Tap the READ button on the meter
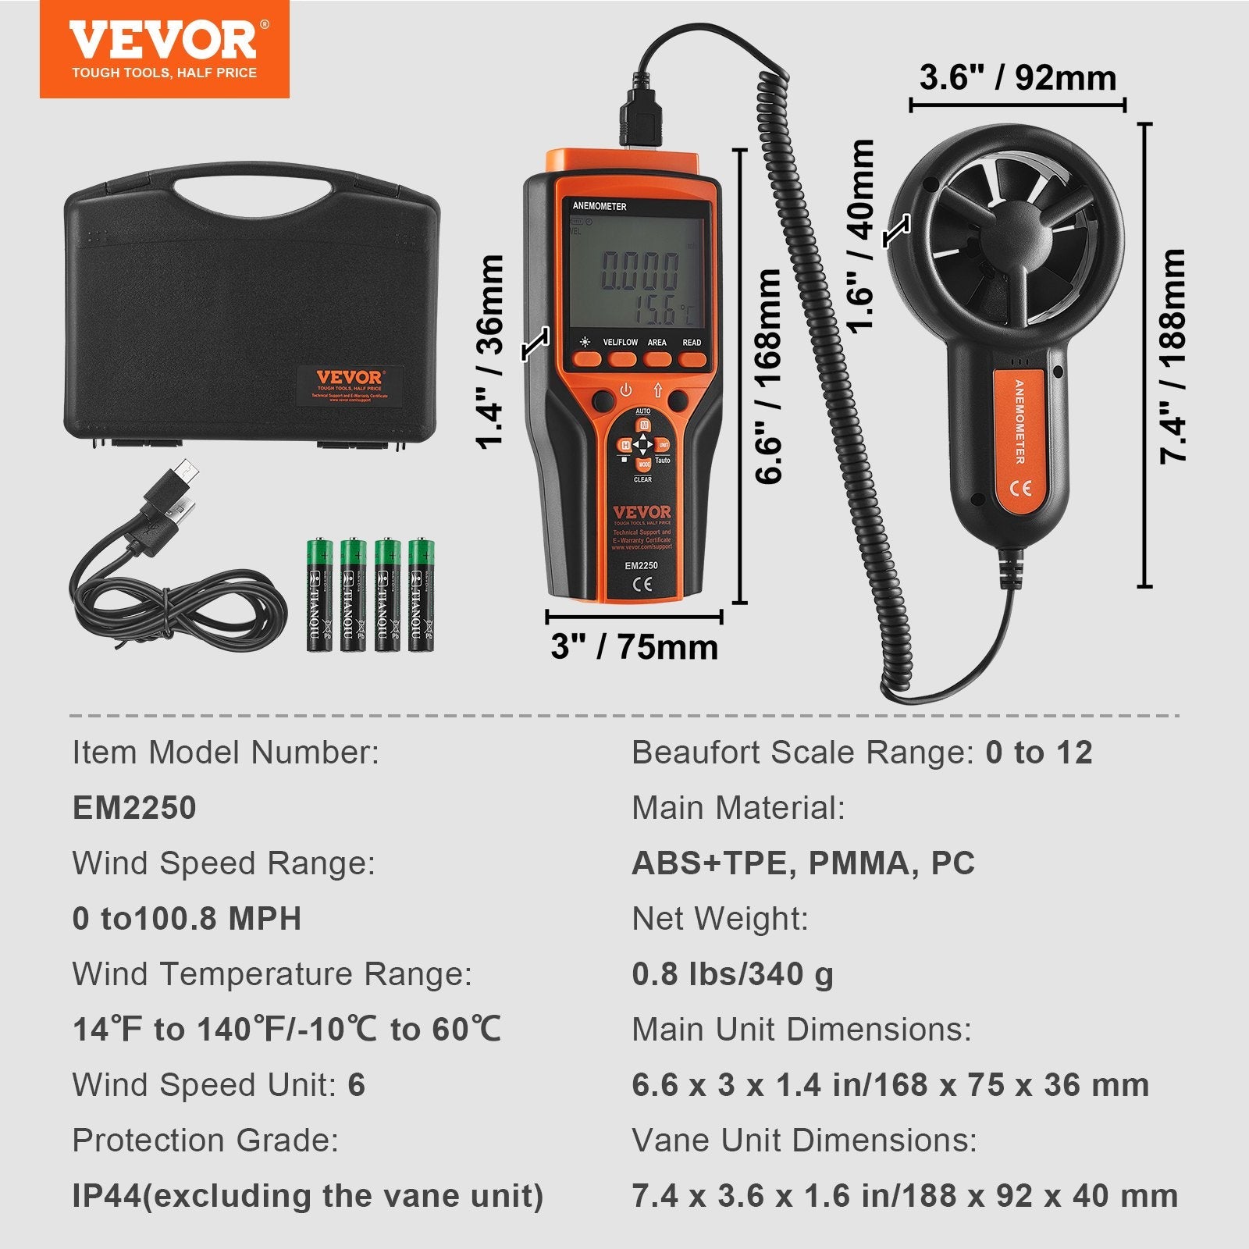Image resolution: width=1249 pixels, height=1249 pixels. [x=692, y=359]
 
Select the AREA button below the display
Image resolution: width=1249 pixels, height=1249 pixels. [x=657, y=359]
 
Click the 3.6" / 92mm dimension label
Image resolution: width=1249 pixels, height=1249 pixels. [x=1017, y=78]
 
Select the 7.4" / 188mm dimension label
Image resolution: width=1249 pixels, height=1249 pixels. [x=1172, y=356]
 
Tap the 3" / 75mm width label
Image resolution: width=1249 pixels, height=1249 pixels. [x=634, y=646]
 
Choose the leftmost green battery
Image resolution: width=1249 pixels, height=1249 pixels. [x=319, y=595]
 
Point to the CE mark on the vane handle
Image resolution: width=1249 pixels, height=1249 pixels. [x=1021, y=488]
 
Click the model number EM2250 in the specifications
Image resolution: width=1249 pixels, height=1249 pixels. [x=134, y=808]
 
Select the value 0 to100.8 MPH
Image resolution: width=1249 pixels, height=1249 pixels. [x=187, y=919]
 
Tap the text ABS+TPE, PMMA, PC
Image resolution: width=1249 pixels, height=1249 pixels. [x=803, y=863]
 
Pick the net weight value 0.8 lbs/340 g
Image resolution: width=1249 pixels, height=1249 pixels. [x=732, y=974]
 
